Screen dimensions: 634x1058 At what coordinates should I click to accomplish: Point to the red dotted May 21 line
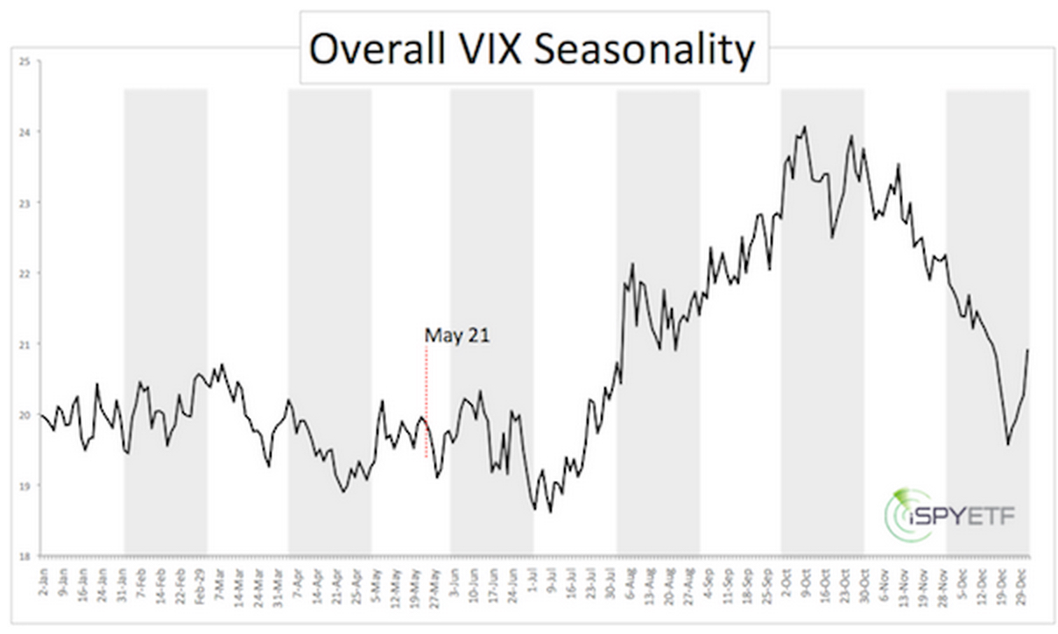tap(426, 394)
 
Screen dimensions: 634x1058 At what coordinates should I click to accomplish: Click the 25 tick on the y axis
tap(25, 61)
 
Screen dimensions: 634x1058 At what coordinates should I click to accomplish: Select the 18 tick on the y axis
tap(25, 556)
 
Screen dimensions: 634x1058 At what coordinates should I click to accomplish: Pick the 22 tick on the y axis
tap(25, 273)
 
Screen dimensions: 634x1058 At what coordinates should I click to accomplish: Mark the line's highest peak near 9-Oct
tap(804, 126)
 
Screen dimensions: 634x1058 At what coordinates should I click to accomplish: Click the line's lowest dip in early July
tap(550, 511)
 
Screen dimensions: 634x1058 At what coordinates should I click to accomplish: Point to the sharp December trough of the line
tap(1008, 444)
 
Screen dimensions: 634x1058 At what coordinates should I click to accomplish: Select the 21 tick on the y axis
tap(25, 344)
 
